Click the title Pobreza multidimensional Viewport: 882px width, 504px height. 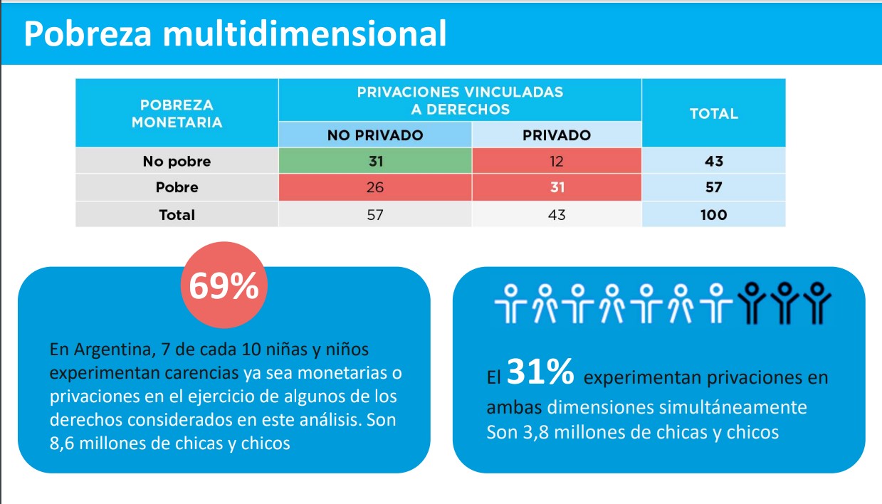(236, 34)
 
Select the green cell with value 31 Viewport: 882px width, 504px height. (375, 162)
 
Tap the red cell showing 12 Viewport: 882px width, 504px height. (556, 162)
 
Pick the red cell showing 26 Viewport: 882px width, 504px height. (375, 188)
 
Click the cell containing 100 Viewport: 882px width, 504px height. (713, 214)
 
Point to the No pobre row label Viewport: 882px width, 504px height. (177, 162)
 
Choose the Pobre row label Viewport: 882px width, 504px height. (177, 188)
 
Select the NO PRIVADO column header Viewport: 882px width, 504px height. (375, 135)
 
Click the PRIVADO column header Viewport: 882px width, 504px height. (556, 135)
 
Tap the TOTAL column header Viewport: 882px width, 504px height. (713, 113)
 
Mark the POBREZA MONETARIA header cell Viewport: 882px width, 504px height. (177, 113)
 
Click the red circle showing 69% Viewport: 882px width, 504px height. (224, 287)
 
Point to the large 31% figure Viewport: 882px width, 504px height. (540, 372)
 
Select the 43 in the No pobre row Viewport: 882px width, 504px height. (713, 162)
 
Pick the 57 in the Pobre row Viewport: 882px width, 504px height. (713, 188)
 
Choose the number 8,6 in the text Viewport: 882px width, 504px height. (63, 443)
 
